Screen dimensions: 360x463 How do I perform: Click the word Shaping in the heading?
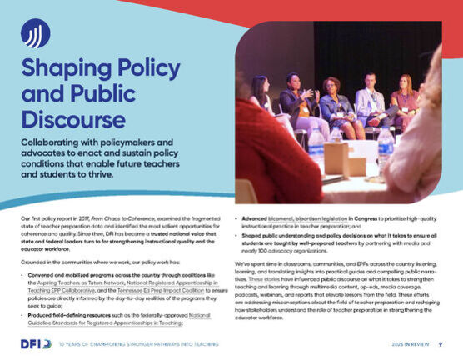pos(65,68)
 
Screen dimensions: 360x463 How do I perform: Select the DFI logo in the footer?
pos(36,343)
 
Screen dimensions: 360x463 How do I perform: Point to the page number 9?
pos(440,343)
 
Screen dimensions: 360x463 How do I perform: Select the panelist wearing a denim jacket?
pos(333,104)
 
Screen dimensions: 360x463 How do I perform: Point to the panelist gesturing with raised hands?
pos(296,100)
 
